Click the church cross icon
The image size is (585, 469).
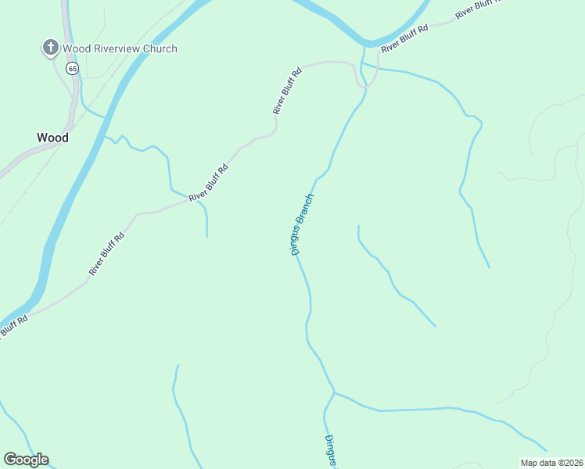tap(51, 48)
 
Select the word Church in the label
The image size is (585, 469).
tap(160, 48)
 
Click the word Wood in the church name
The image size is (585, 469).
tap(77, 48)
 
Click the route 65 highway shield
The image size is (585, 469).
tap(73, 69)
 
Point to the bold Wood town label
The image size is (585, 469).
tap(52, 138)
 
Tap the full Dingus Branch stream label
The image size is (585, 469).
tap(302, 224)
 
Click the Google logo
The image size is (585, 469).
tap(26, 460)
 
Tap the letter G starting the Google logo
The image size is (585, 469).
tap(9, 460)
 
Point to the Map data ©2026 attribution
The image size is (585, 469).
tap(552, 463)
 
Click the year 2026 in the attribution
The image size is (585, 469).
tap(572, 463)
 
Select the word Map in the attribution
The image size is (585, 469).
tap(529, 463)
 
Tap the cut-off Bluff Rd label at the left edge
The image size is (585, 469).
tap(13, 326)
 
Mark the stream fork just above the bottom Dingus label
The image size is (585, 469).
tap(334, 393)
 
